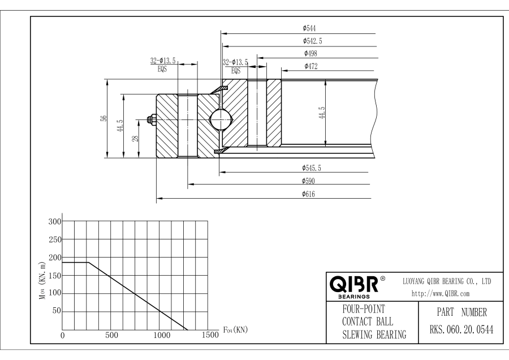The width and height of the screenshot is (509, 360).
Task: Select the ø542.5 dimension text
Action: tap(313, 41)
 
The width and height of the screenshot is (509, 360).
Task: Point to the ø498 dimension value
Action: tap(310, 53)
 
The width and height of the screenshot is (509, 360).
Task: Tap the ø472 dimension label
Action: tap(310, 66)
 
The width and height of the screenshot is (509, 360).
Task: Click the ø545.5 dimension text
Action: tap(313, 168)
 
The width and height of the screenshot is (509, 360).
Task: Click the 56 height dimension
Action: tap(103, 118)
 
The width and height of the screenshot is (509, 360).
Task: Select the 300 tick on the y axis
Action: tap(54, 221)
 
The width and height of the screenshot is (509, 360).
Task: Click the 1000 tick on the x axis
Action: tap(162, 335)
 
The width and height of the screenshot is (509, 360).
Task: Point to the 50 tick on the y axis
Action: tap(57, 311)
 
